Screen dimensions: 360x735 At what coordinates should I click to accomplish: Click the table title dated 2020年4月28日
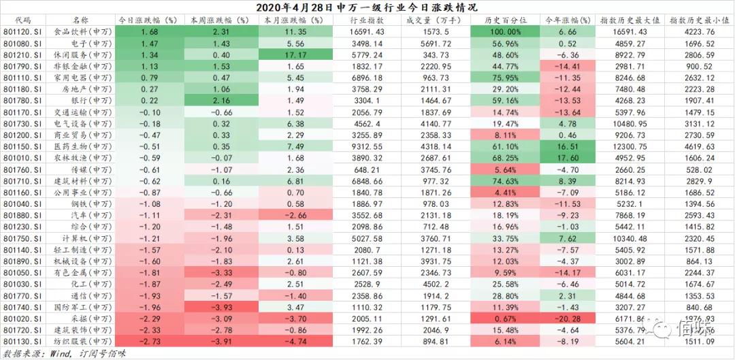click(x=367, y=7)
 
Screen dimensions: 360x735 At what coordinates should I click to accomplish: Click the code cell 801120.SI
click(x=22, y=32)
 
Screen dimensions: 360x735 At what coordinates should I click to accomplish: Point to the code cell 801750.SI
click(x=22, y=238)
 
